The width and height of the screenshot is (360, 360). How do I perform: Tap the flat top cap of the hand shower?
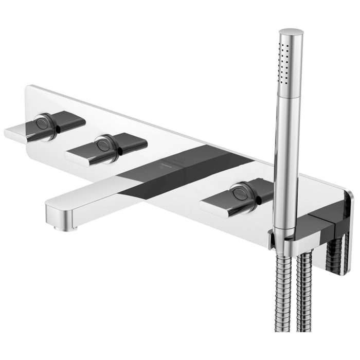pos(291,32)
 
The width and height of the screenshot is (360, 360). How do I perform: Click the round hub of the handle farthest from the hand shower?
pos(43,124)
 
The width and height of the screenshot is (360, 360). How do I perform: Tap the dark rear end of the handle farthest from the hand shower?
pos(69,120)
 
